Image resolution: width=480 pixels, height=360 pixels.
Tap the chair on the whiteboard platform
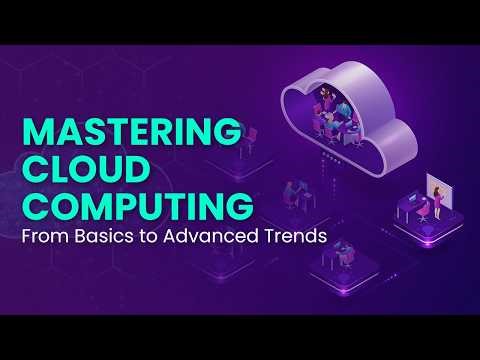coord(409,213)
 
